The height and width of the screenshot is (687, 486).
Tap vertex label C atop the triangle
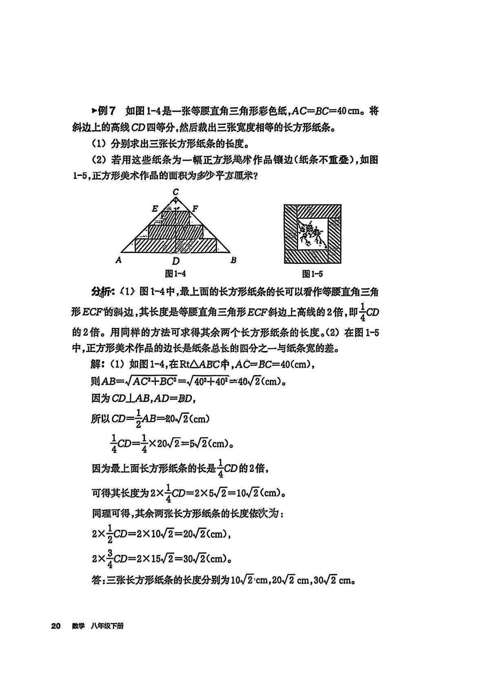coord(175,192)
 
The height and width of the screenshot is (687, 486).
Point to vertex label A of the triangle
coord(119,260)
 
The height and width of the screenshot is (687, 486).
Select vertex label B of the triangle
coord(233,260)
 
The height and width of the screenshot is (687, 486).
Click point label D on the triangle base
coord(175,261)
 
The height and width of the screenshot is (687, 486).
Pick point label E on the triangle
coord(155,209)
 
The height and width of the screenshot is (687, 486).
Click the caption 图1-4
coord(175,274)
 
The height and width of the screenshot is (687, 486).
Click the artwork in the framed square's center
coord(312,234)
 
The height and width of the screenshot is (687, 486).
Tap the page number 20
coord(56,626)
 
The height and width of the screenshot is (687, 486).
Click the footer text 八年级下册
coord(107,626)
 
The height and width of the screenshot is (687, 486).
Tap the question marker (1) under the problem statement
coord(98,144)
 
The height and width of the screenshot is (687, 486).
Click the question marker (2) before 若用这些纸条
coord(98,160)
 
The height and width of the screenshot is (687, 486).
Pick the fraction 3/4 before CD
coord(109,558)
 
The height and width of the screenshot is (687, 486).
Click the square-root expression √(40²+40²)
coord(206,382)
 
